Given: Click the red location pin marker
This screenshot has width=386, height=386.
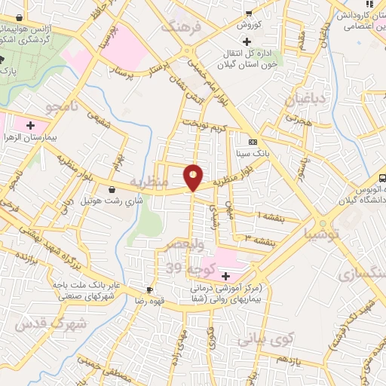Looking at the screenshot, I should [194, 176].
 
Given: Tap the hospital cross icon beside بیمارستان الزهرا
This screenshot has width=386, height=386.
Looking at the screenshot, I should [31, 124].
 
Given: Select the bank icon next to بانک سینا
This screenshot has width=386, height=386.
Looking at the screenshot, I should [252, 142].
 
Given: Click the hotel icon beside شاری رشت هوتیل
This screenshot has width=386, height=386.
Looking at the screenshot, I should [112, 189].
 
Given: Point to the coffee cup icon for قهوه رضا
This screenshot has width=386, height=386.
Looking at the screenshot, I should [149, 289].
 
